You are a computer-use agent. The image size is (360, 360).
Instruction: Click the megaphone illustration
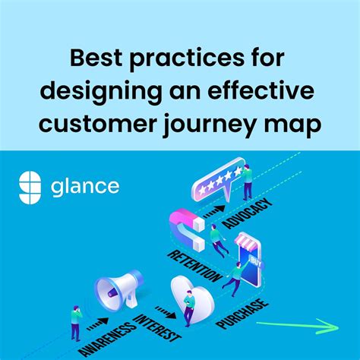click(117, 289)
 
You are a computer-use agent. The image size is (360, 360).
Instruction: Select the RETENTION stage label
click(196, 267)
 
